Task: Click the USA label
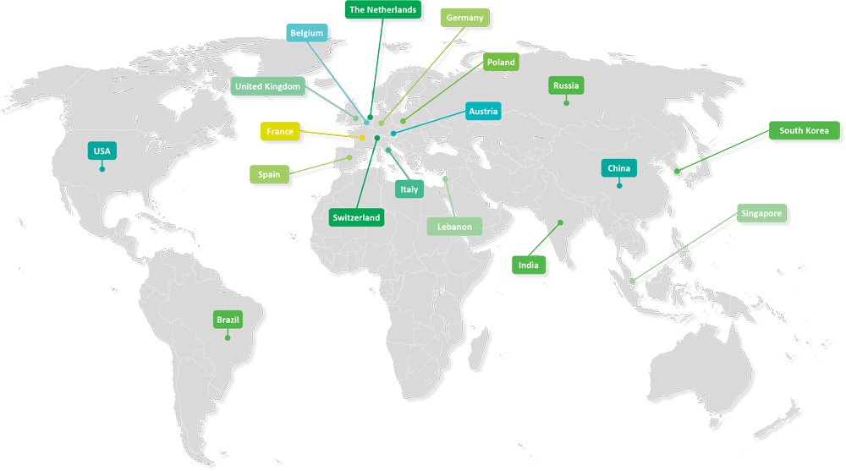102,151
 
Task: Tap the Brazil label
228,320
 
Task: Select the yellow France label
280,132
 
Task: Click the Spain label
269,175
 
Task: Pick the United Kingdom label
266,86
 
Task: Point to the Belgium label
306,33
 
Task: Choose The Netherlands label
382,10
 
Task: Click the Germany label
463,18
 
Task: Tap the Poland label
501,63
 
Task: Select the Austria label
483,111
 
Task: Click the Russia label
566,85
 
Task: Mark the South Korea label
804,130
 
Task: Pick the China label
618,168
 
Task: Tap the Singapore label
761,214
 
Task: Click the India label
529,266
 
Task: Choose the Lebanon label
454,227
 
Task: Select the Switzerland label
356,217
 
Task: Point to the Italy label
409,189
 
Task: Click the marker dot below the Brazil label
228,338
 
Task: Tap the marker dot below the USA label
102,169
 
